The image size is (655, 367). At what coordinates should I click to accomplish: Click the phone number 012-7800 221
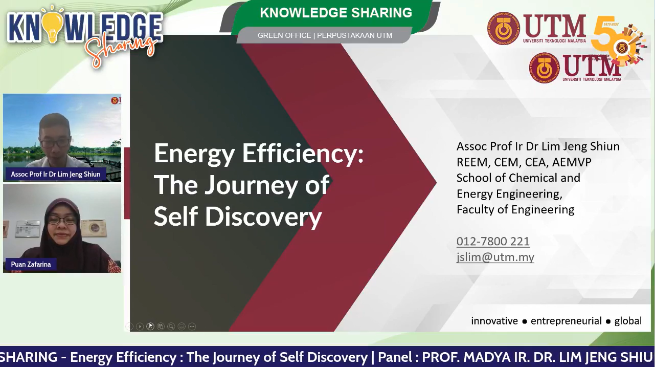click(493, 242)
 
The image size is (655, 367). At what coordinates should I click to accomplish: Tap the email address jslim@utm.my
click(495, 257)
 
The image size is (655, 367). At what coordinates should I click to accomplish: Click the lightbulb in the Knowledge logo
click(53, 25)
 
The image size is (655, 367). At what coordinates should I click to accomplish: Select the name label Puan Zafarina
click(31, 264)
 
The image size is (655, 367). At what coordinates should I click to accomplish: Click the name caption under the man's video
click(56, 174)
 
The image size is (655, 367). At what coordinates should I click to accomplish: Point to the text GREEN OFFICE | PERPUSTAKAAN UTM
click(325, 35)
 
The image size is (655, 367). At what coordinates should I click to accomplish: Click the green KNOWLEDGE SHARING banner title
click(336, 13)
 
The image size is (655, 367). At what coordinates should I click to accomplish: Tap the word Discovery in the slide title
click(263, 217)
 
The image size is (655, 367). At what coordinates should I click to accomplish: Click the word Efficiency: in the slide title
click(303, 154)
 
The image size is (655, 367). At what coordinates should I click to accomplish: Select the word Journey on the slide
click(251, 185)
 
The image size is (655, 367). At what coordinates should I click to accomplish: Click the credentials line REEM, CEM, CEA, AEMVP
click(524, 162)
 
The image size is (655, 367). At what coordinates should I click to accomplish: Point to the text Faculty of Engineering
click(515, 210)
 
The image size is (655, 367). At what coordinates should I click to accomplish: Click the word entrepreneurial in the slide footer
click(566, 321)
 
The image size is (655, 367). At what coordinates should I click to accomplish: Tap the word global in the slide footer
click(628, 321)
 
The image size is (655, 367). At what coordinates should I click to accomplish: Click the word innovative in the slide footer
click(494, 321)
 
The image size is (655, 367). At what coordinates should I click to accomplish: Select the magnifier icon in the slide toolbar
click(171, 327)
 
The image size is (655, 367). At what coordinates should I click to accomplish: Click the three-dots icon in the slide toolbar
click(192, 327)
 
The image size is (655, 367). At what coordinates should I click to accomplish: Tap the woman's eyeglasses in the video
click(62, 220)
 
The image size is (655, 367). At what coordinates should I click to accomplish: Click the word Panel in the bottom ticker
click(395, 357)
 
